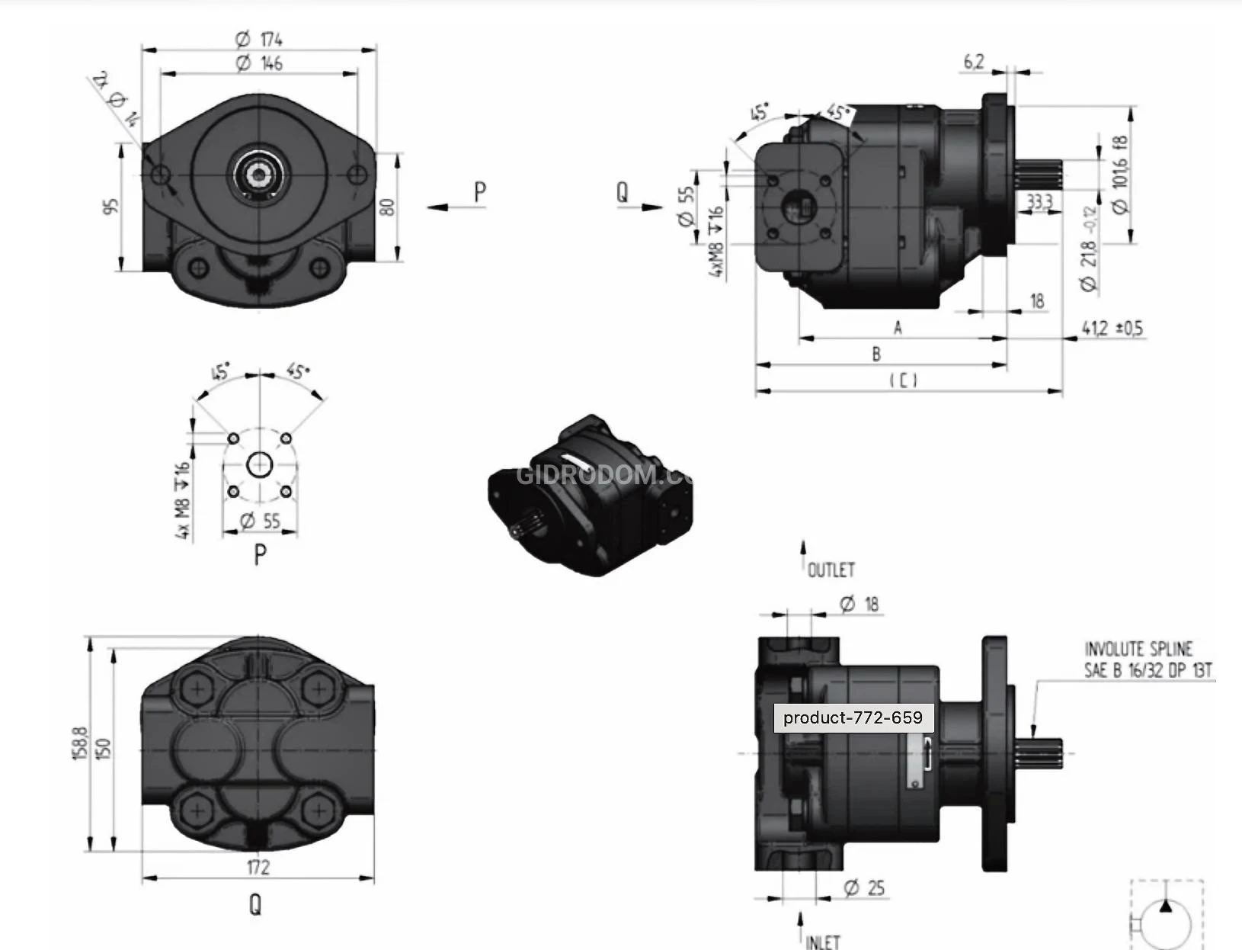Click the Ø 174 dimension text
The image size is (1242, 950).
259,39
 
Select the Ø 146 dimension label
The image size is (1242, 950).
259,63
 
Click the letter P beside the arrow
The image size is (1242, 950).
479,192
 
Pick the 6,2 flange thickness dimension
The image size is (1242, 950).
974,62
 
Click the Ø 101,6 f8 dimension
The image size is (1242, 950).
1119,175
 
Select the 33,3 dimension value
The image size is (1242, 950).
1039,201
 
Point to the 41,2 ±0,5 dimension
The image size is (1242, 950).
1112,329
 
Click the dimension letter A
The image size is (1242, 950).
898,328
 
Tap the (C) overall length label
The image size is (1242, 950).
904,380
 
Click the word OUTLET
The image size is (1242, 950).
831,570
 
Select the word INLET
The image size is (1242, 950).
822,942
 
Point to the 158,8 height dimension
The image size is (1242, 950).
80,744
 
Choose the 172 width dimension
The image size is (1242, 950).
258,867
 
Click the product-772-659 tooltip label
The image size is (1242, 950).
853,717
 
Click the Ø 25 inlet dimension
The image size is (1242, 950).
865,888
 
